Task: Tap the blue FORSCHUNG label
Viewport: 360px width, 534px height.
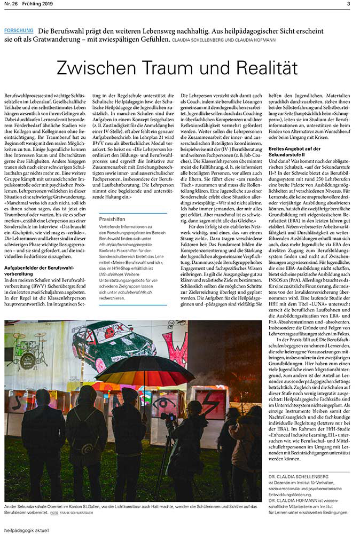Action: (x=18, y=30)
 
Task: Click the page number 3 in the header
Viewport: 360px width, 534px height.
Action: (x=348, y=4)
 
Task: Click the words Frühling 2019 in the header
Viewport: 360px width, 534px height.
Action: (x=40, y=4)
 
